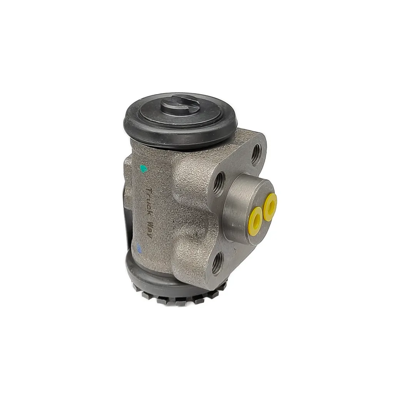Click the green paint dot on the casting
coord(144,169)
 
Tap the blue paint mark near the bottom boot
coord(139,248)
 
